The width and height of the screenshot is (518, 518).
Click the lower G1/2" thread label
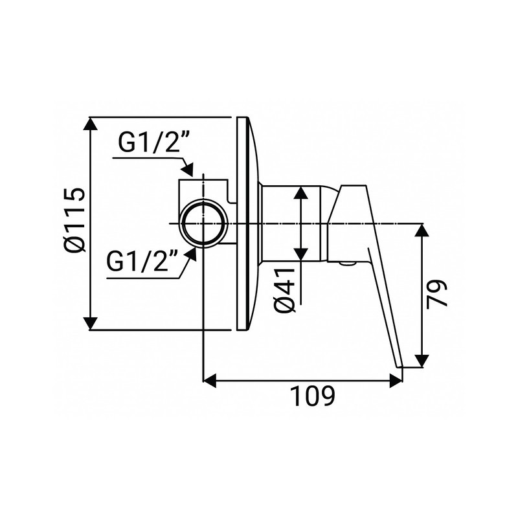pos(143,263)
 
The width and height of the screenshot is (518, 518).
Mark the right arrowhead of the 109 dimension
pos(396,381)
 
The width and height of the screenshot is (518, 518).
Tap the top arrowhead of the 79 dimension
pos(422,230)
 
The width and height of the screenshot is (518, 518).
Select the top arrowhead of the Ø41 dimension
pos(302,192)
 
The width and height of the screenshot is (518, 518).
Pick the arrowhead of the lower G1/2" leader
pos(191,255)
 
